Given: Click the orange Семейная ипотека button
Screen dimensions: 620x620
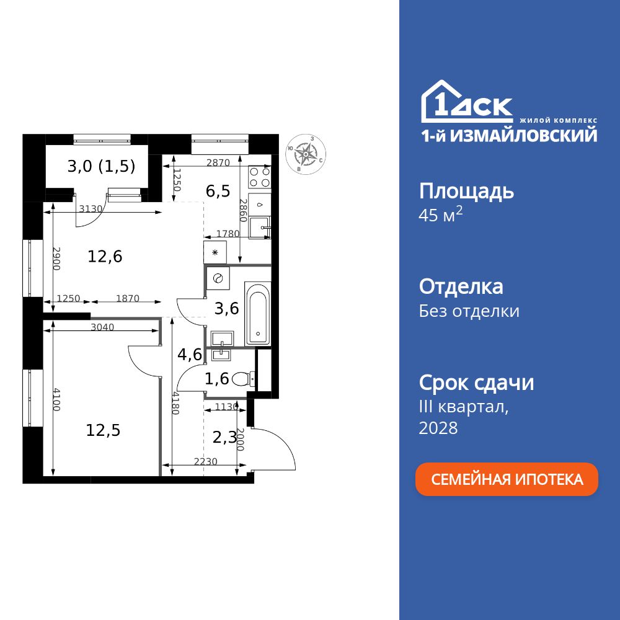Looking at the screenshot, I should coord(507,479).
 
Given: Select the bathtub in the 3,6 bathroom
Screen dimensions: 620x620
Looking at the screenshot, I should coord(257,313).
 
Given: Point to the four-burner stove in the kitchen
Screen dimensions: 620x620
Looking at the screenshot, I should coord(259,177).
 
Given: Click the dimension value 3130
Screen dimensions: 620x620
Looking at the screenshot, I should coord(91,209).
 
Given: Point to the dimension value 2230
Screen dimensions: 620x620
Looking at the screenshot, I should coord(205,461).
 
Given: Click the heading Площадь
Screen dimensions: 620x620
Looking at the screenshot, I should coord(466,191).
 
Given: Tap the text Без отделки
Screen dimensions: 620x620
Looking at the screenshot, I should coord(469,311).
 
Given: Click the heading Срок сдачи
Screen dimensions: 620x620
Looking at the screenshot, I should coord(476,383).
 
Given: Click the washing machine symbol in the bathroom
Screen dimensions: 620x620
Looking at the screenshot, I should coord(218,278).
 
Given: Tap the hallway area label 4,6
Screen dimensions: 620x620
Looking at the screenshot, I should coord(189,355).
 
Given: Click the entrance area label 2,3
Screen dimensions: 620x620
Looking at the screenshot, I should coord(224,438).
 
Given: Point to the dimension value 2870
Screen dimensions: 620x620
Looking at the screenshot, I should coord(218,163).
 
